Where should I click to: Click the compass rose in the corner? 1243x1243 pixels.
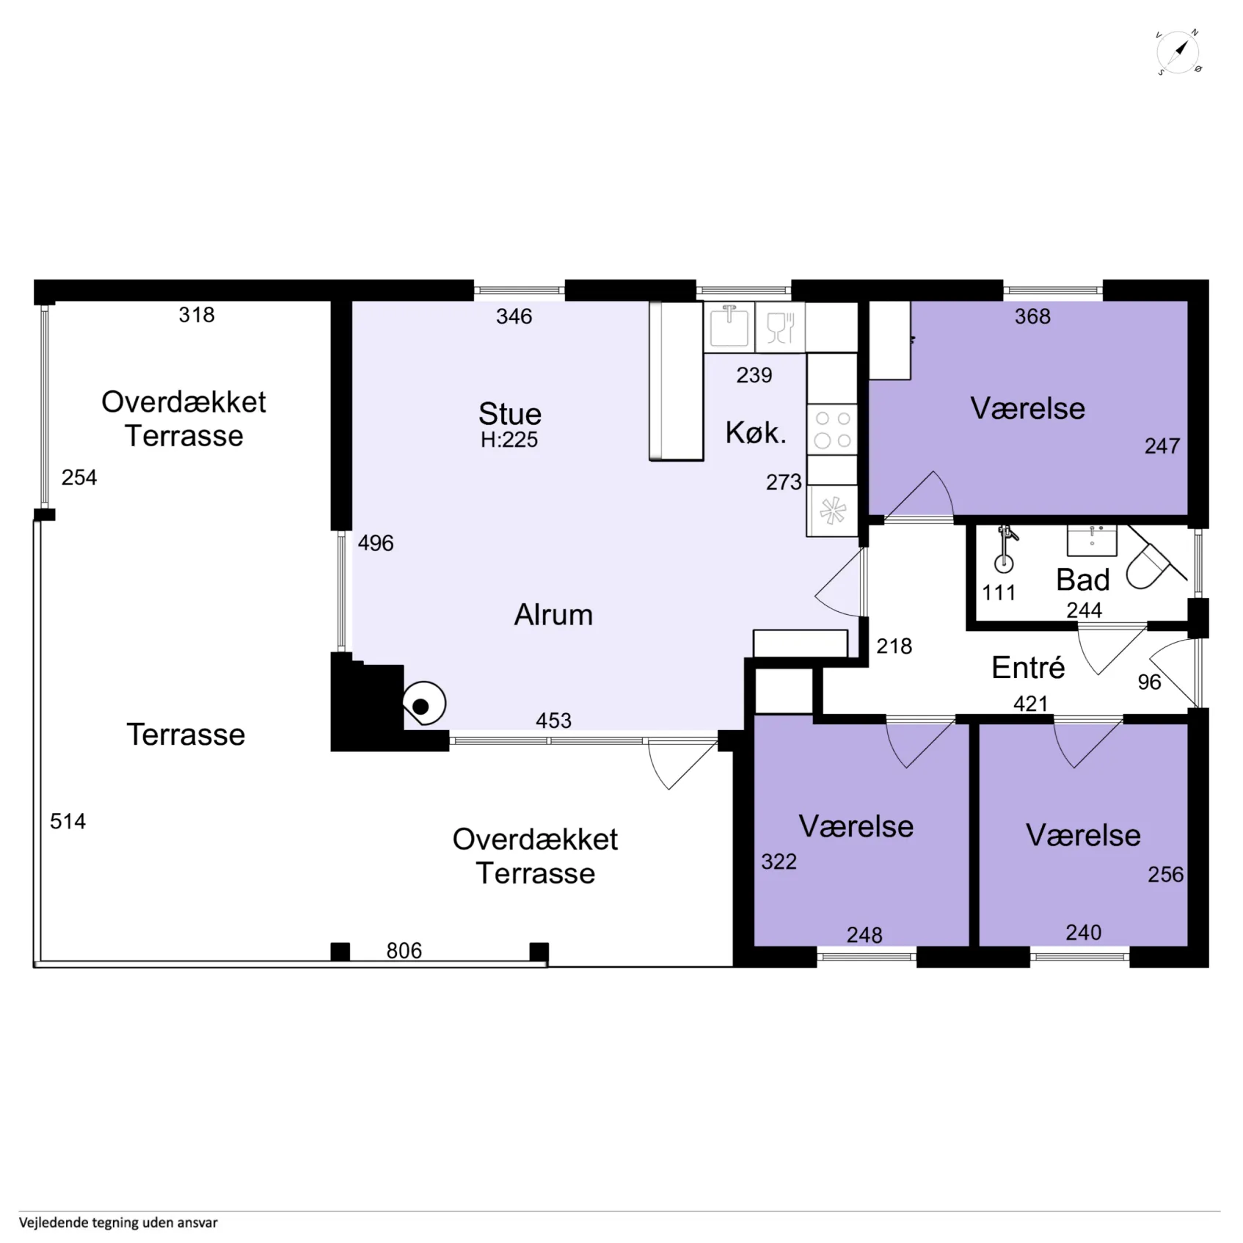tap(1178, 53)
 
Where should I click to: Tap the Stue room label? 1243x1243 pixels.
tap(510, 414)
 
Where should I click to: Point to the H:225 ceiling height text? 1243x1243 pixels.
tap(509, 440)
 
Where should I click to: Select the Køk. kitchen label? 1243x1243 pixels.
tap(756, 433)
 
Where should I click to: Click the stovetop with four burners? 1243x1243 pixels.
tap(833, 429)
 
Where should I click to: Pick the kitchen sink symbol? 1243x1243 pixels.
tap(729, 327)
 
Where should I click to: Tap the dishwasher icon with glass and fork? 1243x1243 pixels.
tap(780, 327)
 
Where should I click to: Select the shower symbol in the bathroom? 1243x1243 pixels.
tap(1005, 548)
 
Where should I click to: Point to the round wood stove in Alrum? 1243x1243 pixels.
tap(423, 704)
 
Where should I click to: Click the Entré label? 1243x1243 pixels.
tap(1028, 668)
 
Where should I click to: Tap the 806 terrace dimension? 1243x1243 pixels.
tap(404, 951)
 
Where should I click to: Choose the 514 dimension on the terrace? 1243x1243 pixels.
tap(68, 821)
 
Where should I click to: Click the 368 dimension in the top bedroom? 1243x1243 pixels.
tap(1032, 316)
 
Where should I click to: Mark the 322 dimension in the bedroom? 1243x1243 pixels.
tap(779, 861)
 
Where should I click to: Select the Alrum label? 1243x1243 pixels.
tap(553, 615)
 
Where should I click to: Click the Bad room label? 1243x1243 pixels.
tap(1083, 580)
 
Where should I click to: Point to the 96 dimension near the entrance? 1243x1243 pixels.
tap(1149, 682)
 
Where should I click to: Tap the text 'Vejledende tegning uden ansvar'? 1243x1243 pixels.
tap(118, 1222)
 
